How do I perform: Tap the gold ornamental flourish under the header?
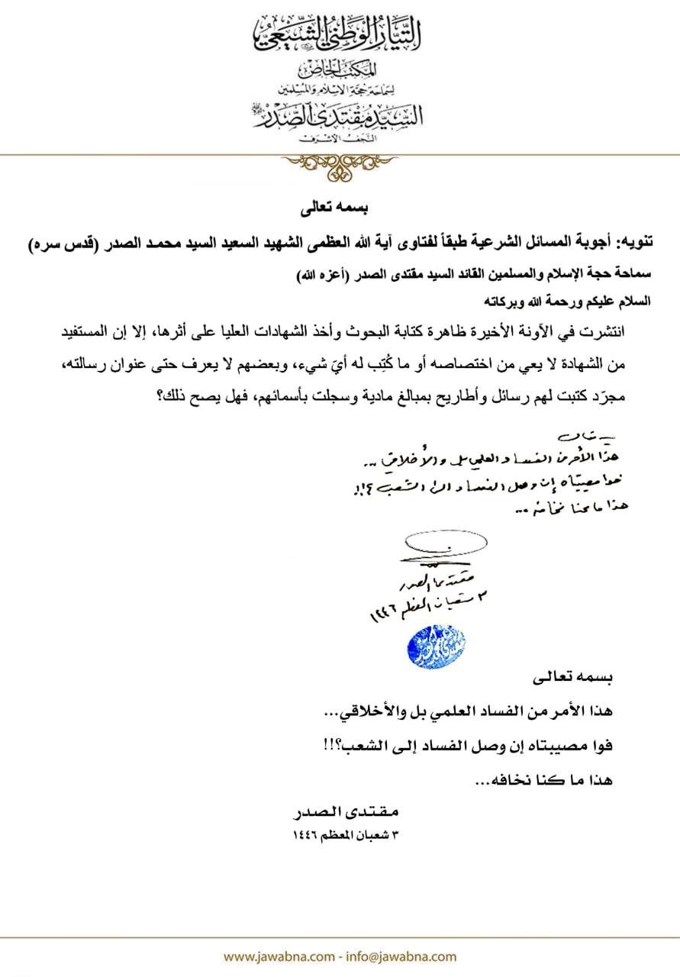point(340,165)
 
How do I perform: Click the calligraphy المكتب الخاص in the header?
point(339,74)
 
